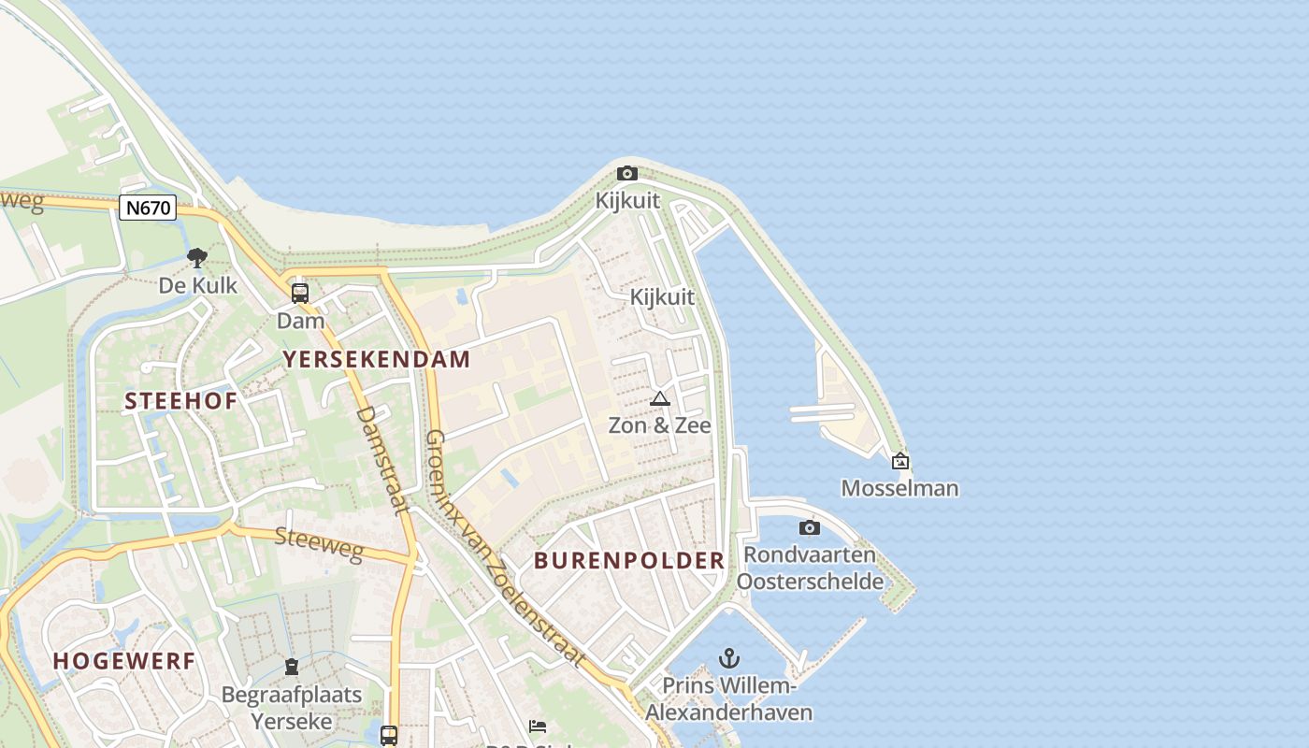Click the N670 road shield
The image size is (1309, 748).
point(148,208)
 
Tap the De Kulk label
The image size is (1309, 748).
point(197,285)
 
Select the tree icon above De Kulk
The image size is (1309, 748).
point(196,257)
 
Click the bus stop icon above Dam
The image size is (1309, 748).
point(300,293)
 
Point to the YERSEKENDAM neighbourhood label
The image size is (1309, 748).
point(377,359)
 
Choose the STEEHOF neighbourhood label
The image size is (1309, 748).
point(181,401)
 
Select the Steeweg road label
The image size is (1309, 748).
point(319,544)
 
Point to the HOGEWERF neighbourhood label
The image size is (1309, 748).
point(124,661)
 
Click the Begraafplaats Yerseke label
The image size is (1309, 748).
point(292,708)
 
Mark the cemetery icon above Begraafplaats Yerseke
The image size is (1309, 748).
point(292,667)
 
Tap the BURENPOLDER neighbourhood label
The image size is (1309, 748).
point(629,561)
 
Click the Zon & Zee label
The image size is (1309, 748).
point(660,425)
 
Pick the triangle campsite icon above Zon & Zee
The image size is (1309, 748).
point(660,399)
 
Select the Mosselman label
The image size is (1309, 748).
point(899,488)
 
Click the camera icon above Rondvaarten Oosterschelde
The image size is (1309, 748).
point(810,528)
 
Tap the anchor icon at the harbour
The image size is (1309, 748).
point(728,658)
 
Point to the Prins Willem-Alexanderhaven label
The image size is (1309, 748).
point(728,698)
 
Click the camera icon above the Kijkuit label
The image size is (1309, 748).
point(627,173)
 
